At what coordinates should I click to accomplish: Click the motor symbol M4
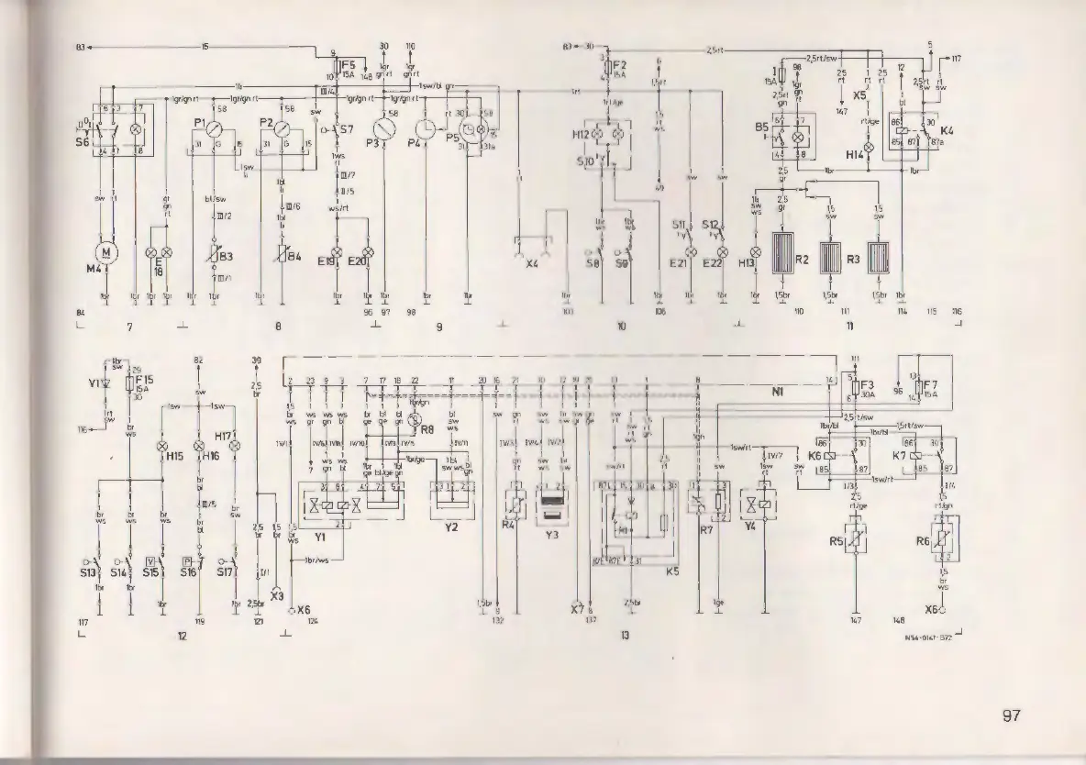[107, 250]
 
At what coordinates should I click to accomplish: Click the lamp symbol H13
[756, 251]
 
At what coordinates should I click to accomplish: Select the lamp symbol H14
[869, 146]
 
